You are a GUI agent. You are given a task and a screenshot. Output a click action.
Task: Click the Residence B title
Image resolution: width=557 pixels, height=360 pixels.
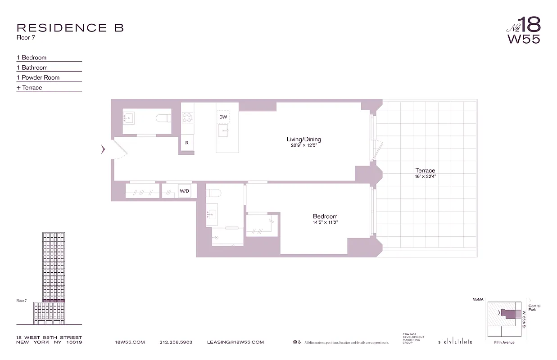[70, 28]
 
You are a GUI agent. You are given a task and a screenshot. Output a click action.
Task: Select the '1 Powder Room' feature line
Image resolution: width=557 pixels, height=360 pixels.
[38, 77]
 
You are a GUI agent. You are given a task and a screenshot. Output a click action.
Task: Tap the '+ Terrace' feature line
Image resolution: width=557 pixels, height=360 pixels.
[29, 88]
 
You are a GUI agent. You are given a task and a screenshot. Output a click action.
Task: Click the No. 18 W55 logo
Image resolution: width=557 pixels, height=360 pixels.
[523, 30]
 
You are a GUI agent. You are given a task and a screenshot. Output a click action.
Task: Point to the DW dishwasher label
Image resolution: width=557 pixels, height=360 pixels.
[223, 117]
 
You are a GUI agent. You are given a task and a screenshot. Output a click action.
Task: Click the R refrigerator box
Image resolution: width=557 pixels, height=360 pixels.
[187, 143]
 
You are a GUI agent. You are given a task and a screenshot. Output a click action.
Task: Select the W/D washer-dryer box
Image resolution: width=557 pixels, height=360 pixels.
[185, 191]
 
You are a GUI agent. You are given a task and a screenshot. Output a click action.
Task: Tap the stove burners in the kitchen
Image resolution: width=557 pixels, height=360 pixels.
[187, 117]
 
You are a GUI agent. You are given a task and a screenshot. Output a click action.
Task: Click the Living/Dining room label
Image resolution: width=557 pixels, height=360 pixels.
[303, 139]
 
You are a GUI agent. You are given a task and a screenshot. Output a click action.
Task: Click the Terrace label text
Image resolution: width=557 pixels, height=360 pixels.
[425, 171]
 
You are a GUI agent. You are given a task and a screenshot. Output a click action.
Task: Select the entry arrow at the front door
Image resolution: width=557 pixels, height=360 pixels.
[103, 148]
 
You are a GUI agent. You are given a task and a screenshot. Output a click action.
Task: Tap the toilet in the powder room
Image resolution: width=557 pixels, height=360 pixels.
[163, 118]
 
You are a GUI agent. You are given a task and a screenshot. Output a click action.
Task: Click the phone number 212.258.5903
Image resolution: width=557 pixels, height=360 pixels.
[176, 342]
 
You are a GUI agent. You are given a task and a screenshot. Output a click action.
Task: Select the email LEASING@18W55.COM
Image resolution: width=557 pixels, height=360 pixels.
[235, 342]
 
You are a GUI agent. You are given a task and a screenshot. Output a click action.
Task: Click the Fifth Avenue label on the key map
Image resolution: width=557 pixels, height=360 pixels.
[504, 342]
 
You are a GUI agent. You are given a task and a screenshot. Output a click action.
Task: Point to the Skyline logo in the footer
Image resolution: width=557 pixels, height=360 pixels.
[455, 342]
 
